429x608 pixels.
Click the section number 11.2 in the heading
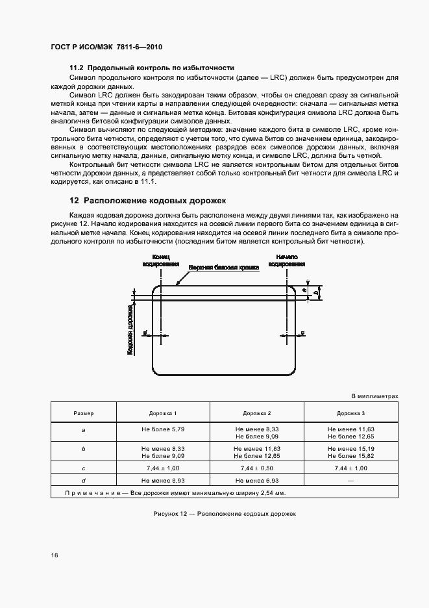pos(77,68)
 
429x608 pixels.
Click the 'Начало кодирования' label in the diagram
pos(286,260)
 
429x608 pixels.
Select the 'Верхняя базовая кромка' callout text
pos(224,268)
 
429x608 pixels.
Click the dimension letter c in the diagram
pos(303,333)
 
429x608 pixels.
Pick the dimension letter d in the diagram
pos(145,334)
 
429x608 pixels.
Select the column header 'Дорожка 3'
pos(350,413)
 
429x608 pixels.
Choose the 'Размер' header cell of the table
pos(83,413)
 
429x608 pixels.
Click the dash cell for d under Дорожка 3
pos(350,480)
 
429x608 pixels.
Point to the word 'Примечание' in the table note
pos(91,494)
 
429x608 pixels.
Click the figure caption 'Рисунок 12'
pos(171,513)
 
